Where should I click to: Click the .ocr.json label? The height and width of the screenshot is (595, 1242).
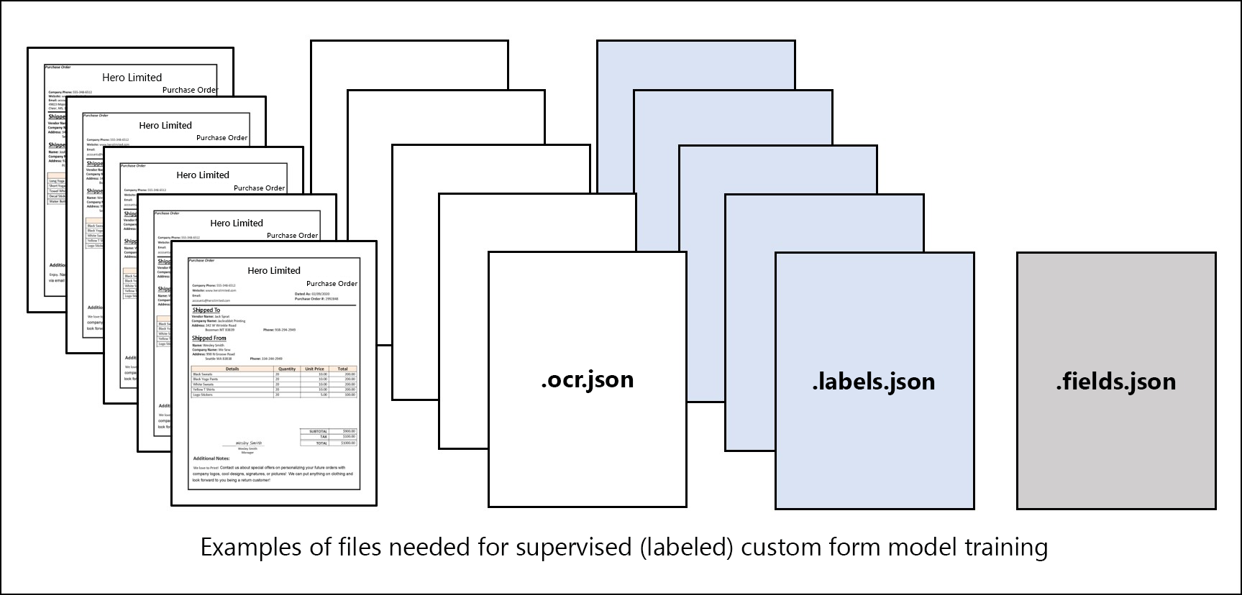click(x=587, y=379)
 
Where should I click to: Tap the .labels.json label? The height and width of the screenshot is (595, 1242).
click(x=874, y=382)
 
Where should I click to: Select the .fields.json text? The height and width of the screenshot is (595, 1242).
click(x=1115, y=382)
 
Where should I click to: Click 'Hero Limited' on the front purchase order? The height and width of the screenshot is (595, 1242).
click(x=274, y=270)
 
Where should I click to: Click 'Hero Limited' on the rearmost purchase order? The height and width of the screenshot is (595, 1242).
click(x=132, y=78)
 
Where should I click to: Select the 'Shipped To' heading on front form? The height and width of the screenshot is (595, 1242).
click(x=206, y=310)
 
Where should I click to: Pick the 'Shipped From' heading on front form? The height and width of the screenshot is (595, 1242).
click(x=209, y=338)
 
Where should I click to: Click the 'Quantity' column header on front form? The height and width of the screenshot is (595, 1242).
click(x=287, y=369)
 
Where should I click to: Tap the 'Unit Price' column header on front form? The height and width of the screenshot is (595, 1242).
click(x=314, y=369)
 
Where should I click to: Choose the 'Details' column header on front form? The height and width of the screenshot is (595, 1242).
click(x=232, y=369)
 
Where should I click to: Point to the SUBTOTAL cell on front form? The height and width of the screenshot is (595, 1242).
click(x=318, y=431)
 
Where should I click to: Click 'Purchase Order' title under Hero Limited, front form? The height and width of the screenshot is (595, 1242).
click(x=332, y=283)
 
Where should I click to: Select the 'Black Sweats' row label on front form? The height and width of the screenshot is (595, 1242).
click(x=203, y=374)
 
